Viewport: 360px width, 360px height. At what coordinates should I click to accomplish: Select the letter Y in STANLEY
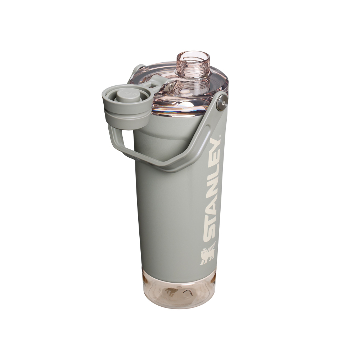pyautogui.click(x=215, y=145)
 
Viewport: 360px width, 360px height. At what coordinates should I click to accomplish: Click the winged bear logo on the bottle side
pyautogui.click(x=207, y=253)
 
